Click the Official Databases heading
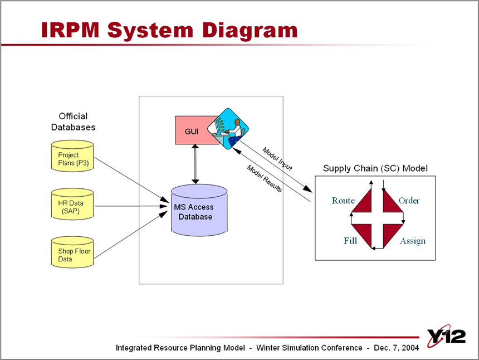73,121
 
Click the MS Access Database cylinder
199,212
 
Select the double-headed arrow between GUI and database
195,164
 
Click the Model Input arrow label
277,159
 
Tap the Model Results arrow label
265,178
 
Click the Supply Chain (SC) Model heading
375,168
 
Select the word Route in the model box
343,201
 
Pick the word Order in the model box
409,201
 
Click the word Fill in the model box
350,241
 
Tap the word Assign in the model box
412,241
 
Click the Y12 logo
446,337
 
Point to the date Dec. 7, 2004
396,348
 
